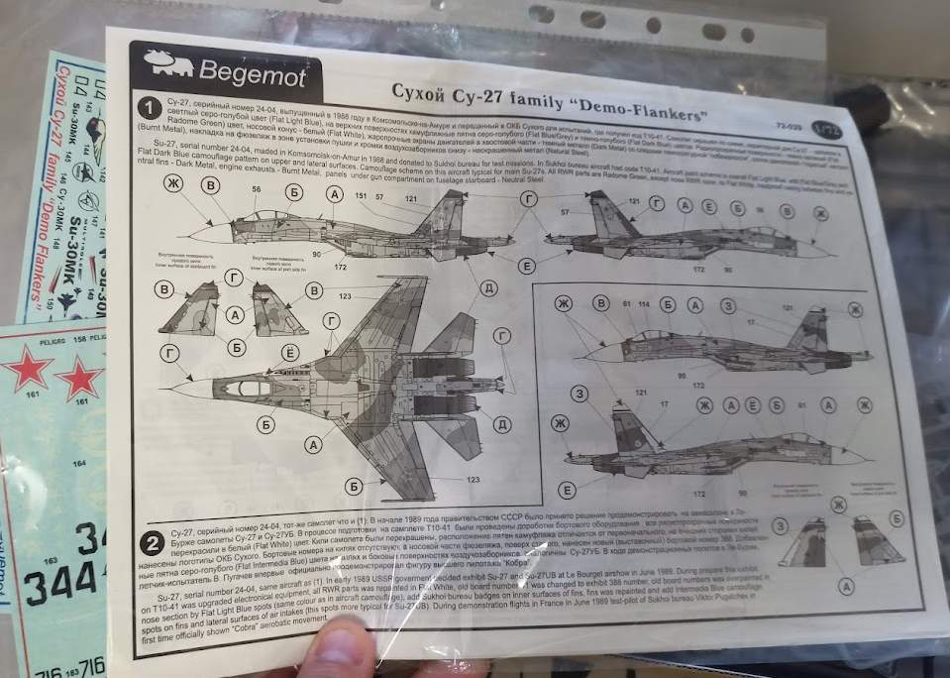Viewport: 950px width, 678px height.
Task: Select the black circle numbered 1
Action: point(148,107)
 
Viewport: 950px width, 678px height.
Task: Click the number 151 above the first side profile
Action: point(361,197)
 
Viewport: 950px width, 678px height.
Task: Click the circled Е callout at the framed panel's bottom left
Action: point(565,490)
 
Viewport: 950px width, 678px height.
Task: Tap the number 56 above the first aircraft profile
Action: point(257,188)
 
